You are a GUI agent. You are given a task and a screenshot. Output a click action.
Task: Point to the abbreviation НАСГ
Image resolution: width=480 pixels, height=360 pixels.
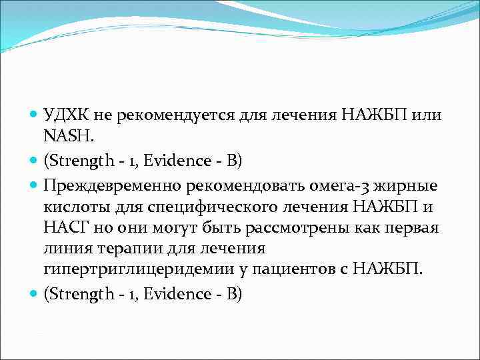point(64,228)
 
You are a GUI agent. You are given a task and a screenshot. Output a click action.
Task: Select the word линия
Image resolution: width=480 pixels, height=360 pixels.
point(65,248)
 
